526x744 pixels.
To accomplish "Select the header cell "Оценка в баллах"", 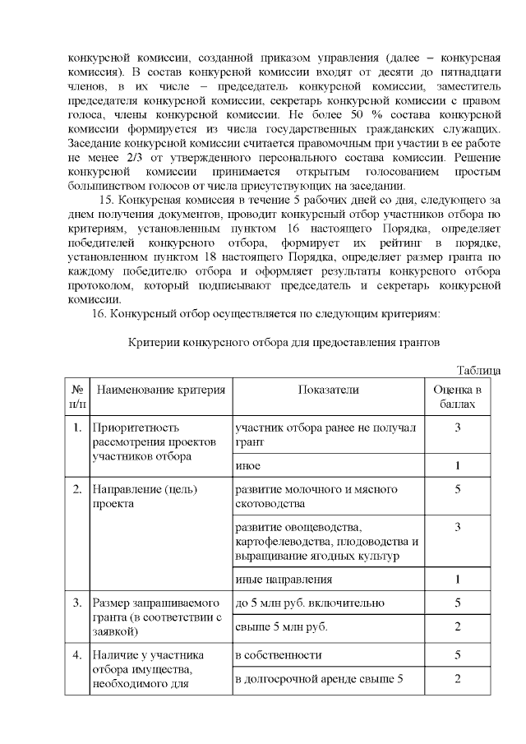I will pos(457,395).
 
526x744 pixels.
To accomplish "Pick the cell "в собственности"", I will pos(279,654).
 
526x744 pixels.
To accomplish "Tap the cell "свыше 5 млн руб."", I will pos(276,628).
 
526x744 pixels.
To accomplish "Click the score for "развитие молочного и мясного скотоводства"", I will pos(457,489).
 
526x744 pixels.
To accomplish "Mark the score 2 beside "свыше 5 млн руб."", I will pos(457,628).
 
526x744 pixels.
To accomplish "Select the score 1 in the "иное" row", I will pos(457,465).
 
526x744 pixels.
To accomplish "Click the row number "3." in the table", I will pos(76,603).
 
